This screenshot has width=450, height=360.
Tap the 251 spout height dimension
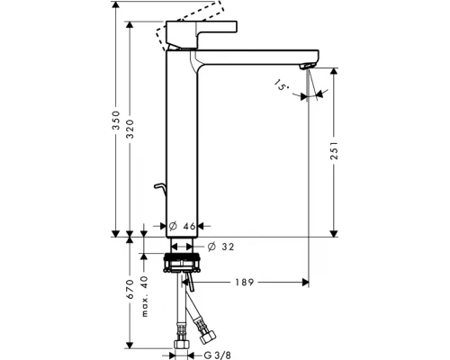[335, 153]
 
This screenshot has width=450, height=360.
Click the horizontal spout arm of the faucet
[256, 55]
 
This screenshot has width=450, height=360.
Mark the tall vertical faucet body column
[181, 144]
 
